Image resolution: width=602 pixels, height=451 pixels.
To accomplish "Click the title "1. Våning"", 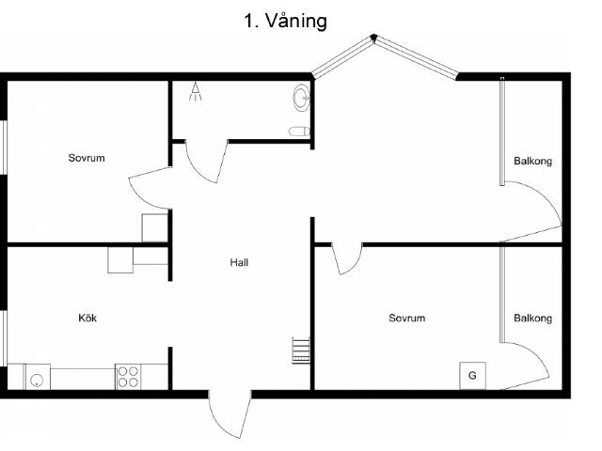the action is [x=285, y=22].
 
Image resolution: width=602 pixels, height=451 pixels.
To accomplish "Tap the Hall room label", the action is [x=239, y=263].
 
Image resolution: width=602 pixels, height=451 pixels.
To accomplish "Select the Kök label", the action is [x=87, y=318].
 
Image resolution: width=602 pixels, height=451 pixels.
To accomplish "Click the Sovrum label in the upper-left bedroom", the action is [x=87, y=158].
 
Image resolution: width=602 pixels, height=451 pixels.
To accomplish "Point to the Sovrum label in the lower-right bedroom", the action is [x=407, y=318].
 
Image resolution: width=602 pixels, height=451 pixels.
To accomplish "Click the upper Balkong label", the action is [x=533, y=161].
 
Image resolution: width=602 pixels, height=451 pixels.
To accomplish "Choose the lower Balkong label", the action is [x=533, y=319].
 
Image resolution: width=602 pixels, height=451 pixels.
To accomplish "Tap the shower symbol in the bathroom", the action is [x=196, y=91].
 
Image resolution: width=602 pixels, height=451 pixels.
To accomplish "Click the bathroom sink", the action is [x=302, y=98].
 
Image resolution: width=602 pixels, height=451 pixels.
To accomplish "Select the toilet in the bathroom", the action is [x=299, y=132].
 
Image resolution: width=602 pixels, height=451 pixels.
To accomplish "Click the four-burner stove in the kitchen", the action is [x=128, y=377].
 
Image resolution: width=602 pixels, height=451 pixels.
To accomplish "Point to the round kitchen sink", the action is [x=37, y=381].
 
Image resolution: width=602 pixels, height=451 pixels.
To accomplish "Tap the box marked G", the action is [x=472, y=376].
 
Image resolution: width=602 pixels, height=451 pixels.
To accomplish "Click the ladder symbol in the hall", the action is [x=301, y=350].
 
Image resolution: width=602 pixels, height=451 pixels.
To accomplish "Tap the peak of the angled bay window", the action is [x=373, y=37].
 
